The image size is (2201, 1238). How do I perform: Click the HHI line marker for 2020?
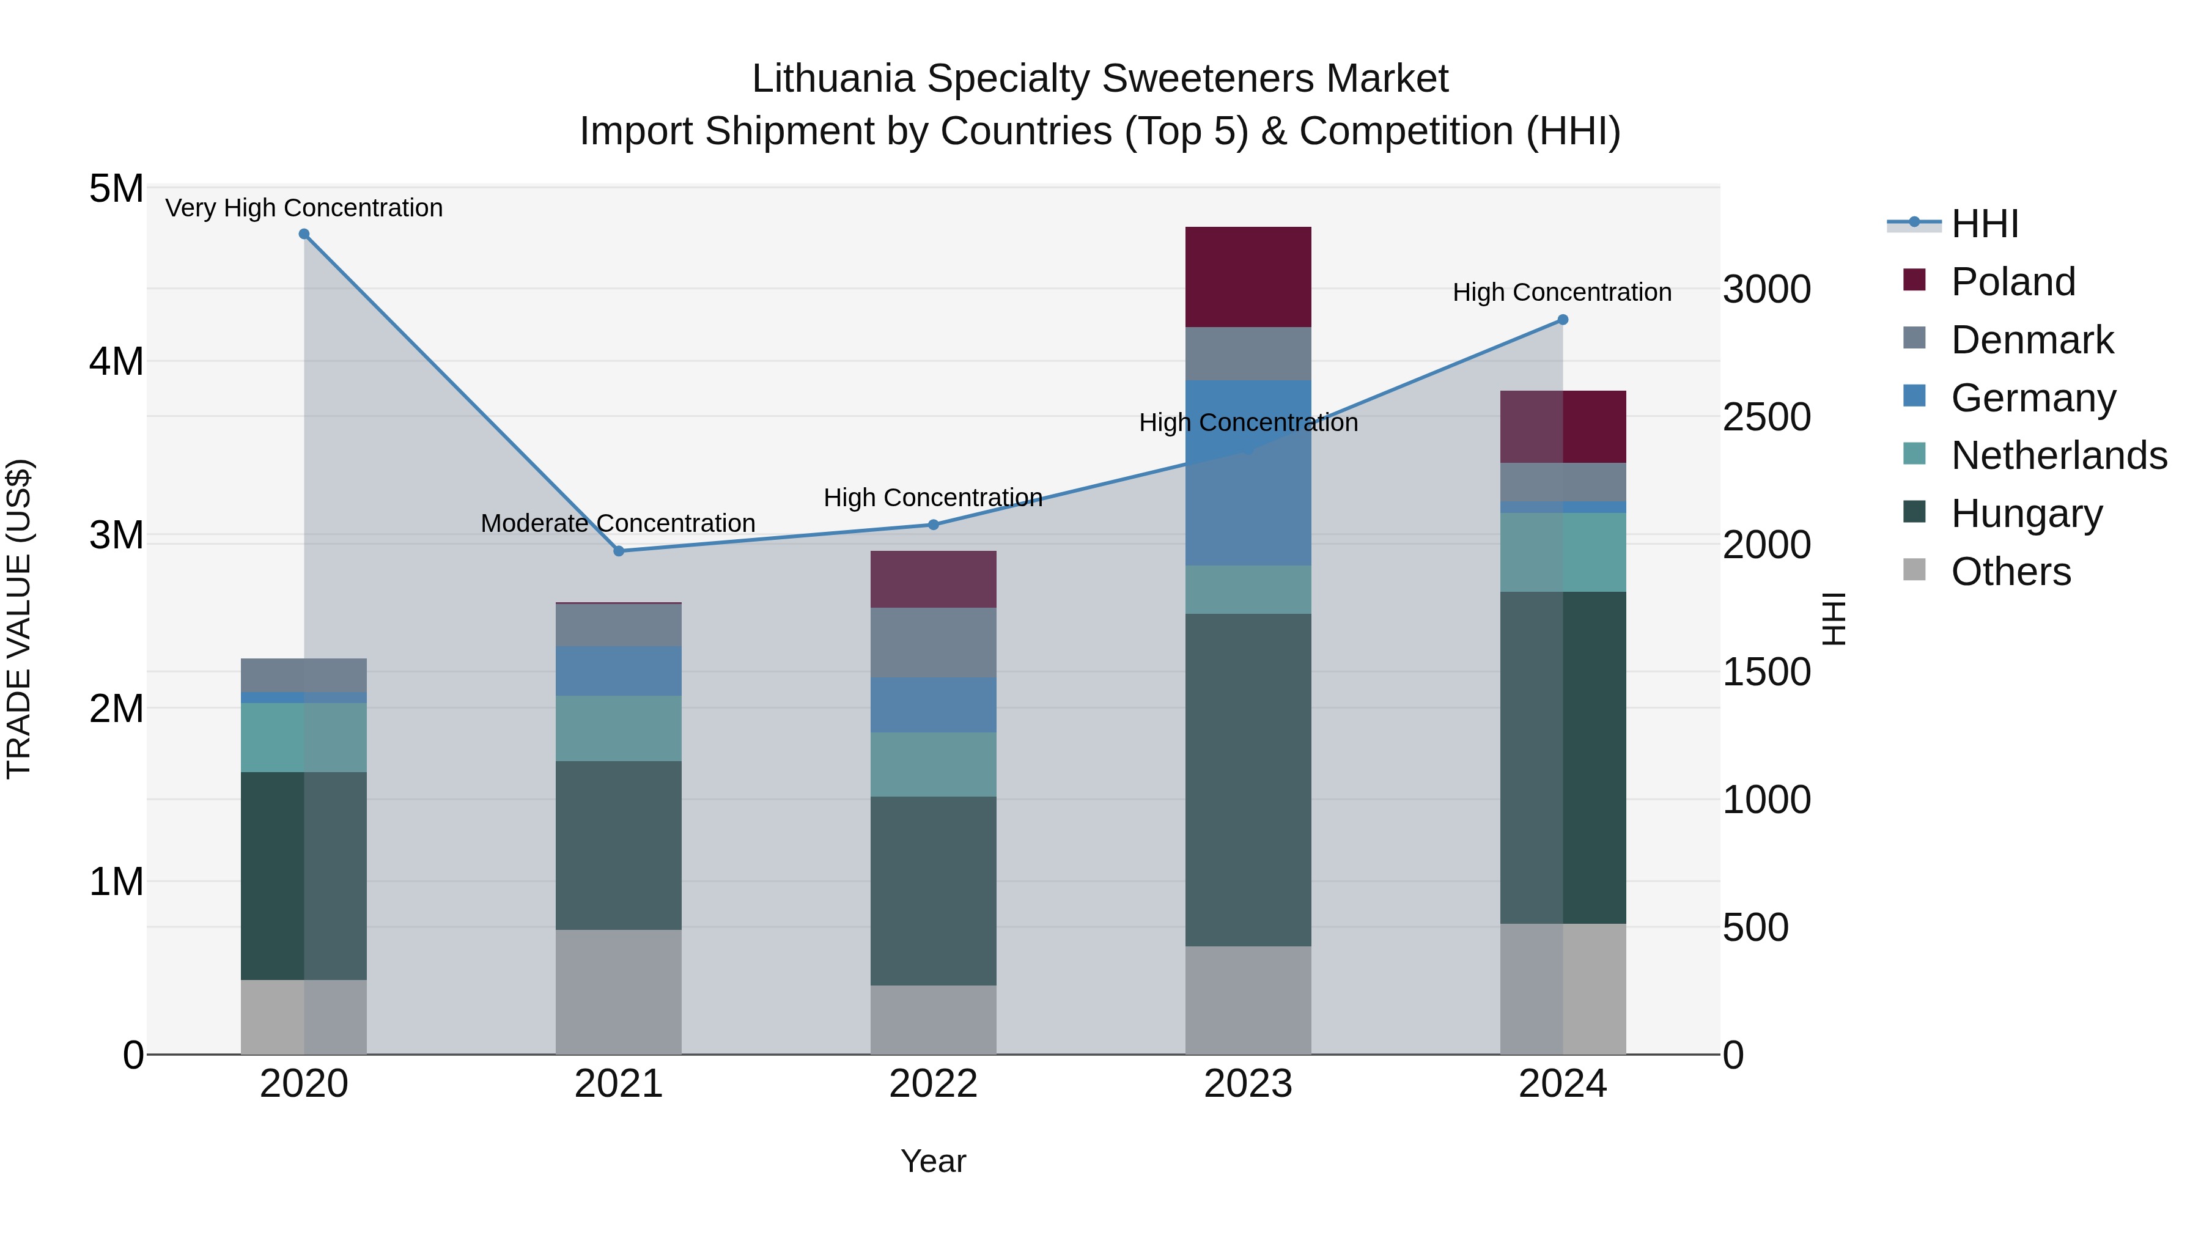coord(304,234)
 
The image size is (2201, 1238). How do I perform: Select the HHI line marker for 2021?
coord(619,551)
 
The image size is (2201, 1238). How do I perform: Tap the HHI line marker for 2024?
coord(1563,320)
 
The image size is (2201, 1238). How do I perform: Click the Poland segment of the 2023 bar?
coord(1248,277)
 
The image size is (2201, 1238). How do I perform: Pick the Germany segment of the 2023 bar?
coord(1248,473)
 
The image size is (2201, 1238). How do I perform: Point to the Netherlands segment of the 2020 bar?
coord(304,737)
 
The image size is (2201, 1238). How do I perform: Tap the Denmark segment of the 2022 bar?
coord(933,643)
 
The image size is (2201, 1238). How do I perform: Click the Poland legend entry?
coord(2012,282)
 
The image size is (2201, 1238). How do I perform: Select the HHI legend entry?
coord(1985,224)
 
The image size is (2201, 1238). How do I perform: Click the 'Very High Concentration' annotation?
coord(304,208)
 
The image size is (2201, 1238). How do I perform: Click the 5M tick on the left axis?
coord(117,189)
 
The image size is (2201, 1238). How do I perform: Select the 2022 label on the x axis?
coord(933,1084)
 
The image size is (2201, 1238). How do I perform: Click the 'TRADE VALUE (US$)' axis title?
coord(20,619)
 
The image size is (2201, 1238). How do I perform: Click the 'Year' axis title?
coord(933,1161)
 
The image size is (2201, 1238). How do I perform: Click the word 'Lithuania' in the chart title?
coord(833,79)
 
